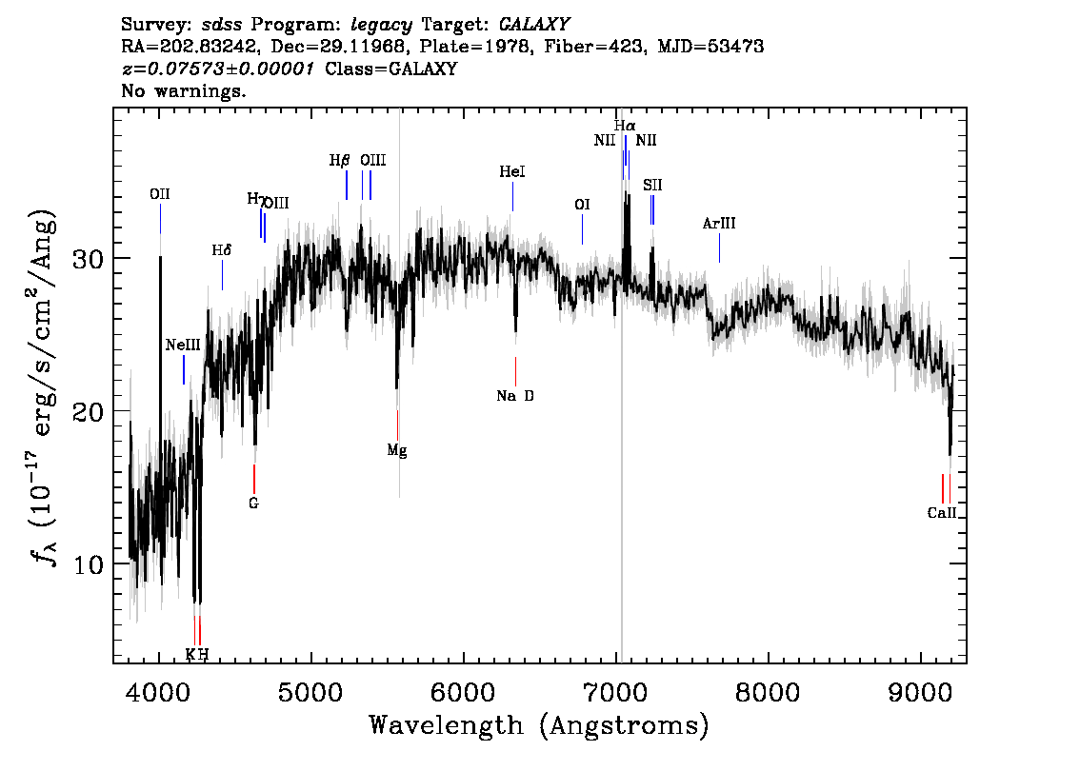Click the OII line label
coord(160,194)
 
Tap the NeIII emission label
coord(183,345)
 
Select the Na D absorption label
coord(515,396)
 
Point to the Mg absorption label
coord(397,450)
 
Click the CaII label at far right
coord(942,513)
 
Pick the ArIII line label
coord(719,223)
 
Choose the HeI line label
coord(511,171)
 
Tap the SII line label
coord(652,186)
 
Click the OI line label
coord(582,205)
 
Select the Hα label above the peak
coord(625,126)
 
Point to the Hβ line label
coord(340,161)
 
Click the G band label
coord(253,504)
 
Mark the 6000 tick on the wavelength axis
coord(464,659)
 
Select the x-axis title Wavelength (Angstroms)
coord(539,726)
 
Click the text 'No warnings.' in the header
coord(183,90)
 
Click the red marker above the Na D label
coord(515,372)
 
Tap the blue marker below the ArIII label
coord(719,247)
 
